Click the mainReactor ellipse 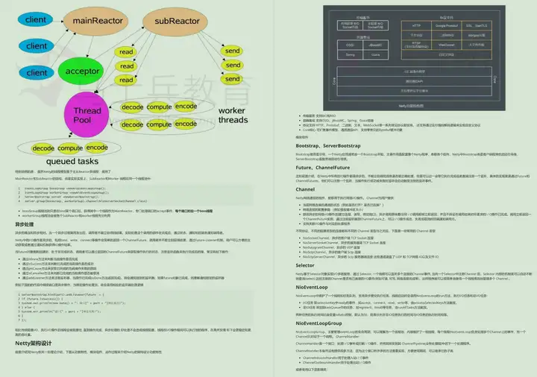(93, 19)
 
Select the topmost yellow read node (127, 52)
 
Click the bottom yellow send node (233, 82)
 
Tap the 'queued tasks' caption (71, 161)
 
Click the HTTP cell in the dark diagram (417, 25)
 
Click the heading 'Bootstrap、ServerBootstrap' (314, 146)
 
